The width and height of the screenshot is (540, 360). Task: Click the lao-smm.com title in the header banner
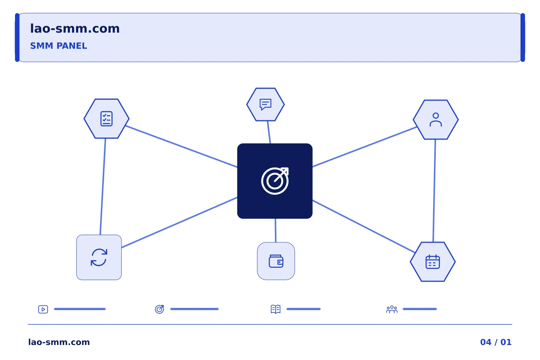[x=75, y=29]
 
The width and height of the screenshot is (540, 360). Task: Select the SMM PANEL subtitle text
[x=58, y=46]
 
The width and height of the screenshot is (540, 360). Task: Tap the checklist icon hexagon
[x=106, y=118]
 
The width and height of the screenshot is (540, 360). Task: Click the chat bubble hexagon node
[x=265, y=104]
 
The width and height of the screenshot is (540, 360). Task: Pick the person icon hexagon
[x=436, y=120]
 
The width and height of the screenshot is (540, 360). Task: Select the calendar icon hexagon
[x=433, y=262]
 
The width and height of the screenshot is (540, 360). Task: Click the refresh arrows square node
[x=99, y=257]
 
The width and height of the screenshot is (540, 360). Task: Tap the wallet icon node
[x=276, y=261]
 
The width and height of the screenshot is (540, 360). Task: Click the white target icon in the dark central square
[x=275, y=181]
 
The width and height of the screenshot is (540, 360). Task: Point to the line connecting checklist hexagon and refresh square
[x=103, y=187]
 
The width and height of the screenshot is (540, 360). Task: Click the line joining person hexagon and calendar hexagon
[x=434, y=191]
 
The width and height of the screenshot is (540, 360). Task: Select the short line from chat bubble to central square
[x=269, y=132]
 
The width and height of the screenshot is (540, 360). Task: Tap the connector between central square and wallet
[x=276, y=231]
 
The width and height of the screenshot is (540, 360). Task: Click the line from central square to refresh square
[x=179, y=222]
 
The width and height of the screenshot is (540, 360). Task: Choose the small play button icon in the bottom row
[x=43, y=309]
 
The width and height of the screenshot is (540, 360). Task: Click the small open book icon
[x=276, y=309]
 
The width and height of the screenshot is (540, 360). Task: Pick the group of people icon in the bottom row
[x=392, y=309]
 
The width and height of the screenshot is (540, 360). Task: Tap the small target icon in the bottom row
[x=159, y=309]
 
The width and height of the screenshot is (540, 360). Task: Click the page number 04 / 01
[x=496, y=342]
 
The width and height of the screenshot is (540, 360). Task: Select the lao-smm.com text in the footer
[x=59, y=342]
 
